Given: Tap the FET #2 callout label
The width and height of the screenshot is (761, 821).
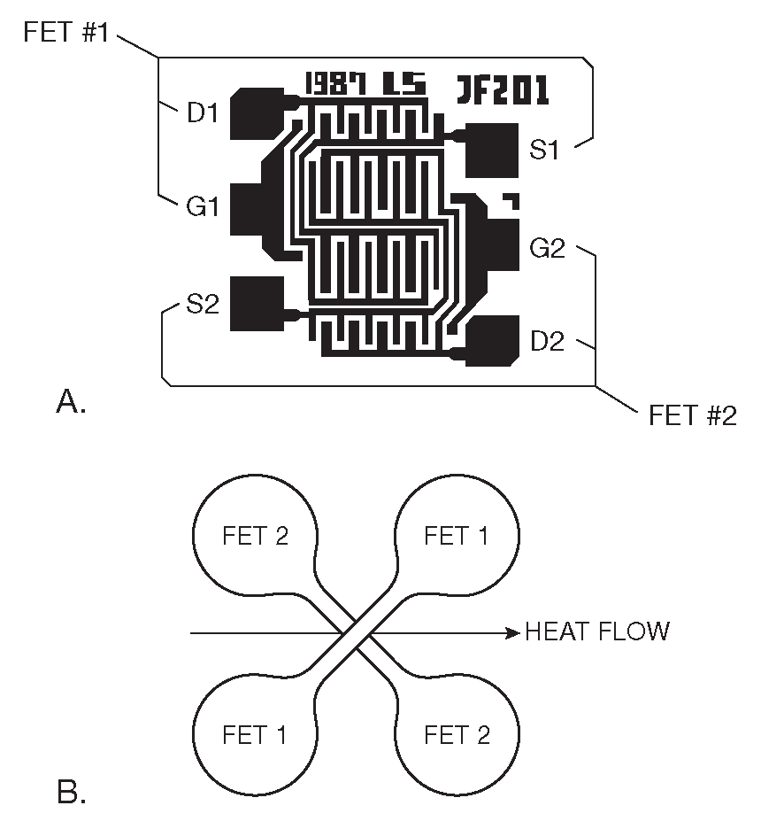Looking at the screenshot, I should pyautogui.click(x=693, y=415).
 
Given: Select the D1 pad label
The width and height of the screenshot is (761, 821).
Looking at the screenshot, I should pyautogui.click(x=203, y=113).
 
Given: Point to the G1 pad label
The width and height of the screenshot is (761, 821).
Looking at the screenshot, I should pyautogui.click(x=202, y=208).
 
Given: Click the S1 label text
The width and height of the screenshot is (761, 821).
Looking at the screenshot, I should pyautogui.click(x=544, y=150).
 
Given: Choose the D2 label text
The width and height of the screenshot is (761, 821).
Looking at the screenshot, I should pyautogui.click(x=547, y=342).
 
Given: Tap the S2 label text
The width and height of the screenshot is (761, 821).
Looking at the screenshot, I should pyautogui.click(x=202, y=306).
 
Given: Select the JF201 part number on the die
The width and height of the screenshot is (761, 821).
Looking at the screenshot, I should pyautogui.click(x=503, y=89).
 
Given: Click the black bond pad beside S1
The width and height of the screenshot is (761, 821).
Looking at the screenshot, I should pyautogui.click(x=490, y=150).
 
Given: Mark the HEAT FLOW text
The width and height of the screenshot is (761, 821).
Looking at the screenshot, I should pyautogui.click(x=597, y=631).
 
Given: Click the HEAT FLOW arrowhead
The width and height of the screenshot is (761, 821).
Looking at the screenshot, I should pyautogui.click(x=511, y=632).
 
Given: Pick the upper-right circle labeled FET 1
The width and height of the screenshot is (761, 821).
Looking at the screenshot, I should pyautogui.click(x=456, y=537).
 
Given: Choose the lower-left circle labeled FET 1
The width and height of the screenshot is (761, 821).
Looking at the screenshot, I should pyautogui.click(x=256, y=734).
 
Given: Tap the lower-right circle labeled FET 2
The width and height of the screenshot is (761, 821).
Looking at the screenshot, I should pyautogui.click(x=457, y=734).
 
